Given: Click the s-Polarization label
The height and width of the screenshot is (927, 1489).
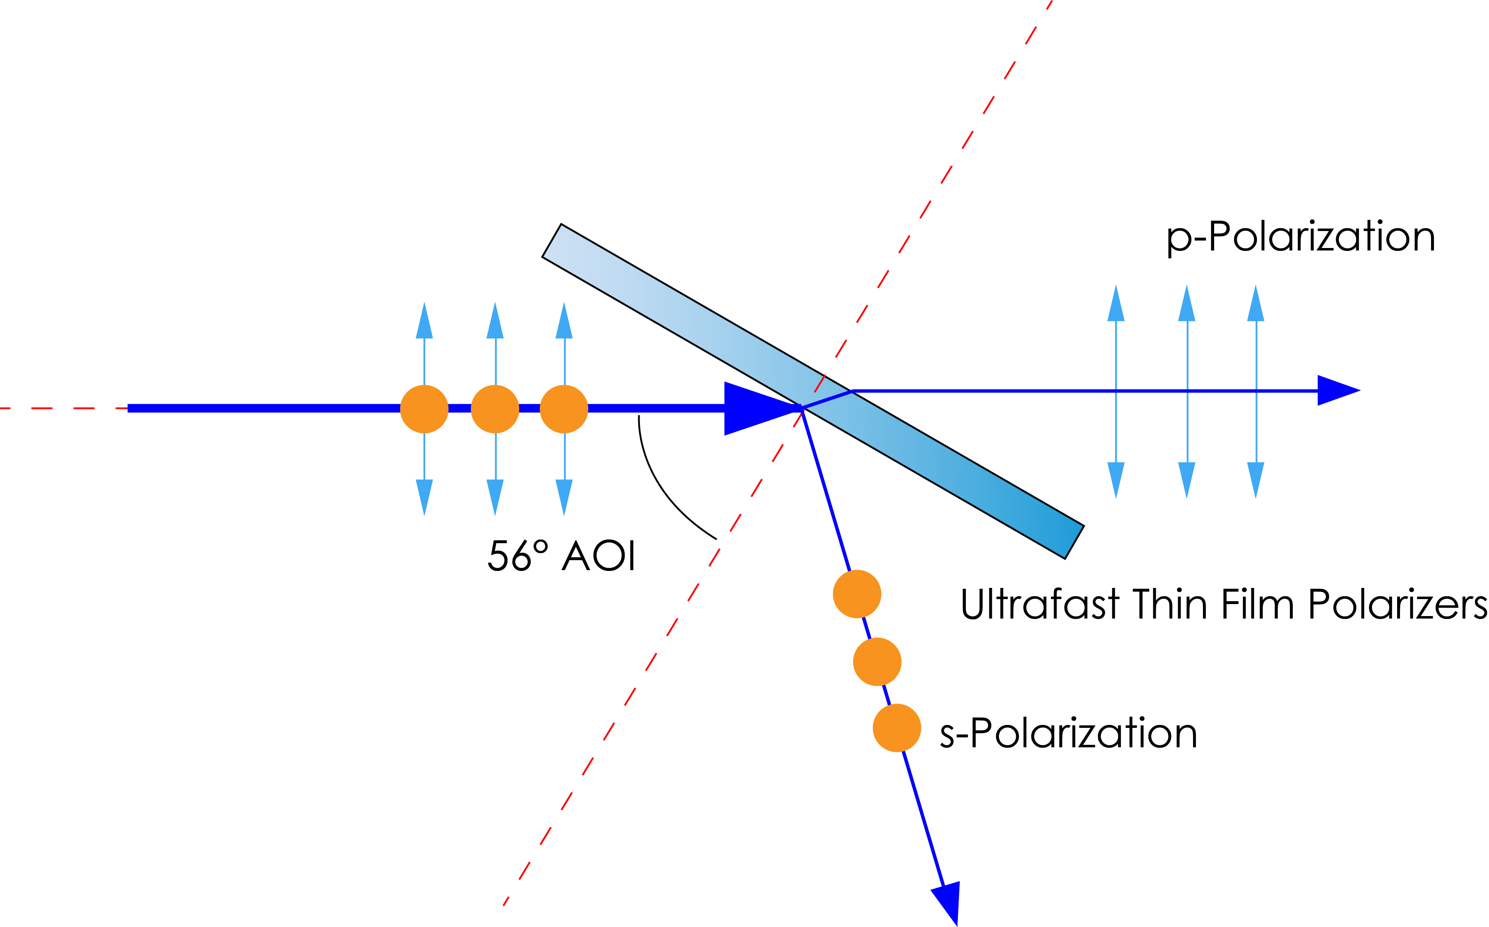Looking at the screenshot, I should (1068, 734).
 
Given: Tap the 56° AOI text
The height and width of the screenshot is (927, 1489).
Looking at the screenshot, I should (561, 556).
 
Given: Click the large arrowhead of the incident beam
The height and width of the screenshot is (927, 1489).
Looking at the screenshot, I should (757, 408).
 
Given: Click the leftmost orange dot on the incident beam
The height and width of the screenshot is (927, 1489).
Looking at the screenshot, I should (424, 409).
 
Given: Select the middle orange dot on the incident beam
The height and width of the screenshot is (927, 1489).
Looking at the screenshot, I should (495, 409).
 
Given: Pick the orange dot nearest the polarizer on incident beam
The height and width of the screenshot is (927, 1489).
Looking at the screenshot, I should (564, 409).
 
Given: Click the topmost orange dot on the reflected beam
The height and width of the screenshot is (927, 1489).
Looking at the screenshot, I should (857, 594).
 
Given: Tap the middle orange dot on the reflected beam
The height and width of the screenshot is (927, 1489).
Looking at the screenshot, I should (877, 662).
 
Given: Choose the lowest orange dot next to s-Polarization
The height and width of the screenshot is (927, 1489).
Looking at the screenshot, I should (897, 728).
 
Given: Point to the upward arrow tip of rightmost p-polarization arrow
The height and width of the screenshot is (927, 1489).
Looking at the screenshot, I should (1256, 301).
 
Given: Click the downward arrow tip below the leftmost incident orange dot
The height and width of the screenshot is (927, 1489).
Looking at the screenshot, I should (424, 500).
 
